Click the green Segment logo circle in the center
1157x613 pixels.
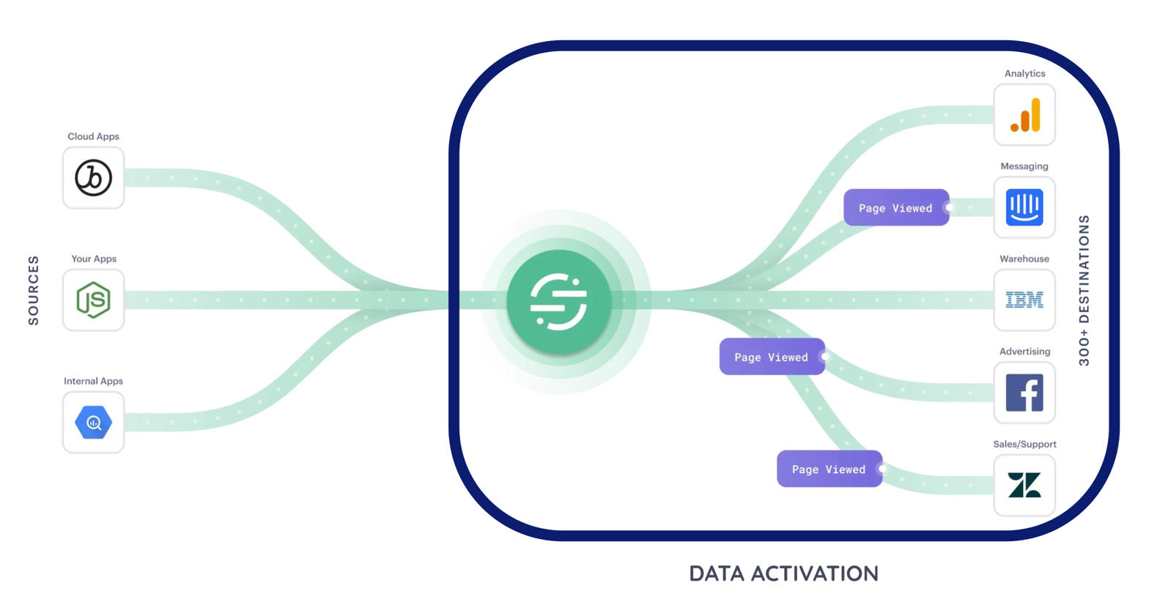[x=558, y=301]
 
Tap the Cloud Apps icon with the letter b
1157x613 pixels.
[x=94, y=178]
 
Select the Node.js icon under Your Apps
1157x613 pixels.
[x=94, y=300]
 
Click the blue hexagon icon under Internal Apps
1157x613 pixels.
[x=94, y=423]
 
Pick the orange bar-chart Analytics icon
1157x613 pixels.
[x=1024, y=115]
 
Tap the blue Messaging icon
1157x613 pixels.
[x=1024, y=207]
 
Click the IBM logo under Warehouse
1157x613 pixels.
[x=1024, y=300]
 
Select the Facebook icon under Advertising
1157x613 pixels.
[x=1024, y=393]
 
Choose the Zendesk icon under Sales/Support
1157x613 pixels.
[x=1024, y=485]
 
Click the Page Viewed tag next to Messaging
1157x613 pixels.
[x=895, y=208]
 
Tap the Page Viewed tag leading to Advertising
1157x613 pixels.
[x=771, y=357]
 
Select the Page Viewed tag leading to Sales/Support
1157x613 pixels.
[x=829, y=469]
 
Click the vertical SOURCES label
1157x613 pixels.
[x=34, y=290]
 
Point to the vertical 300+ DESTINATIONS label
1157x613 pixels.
[x=1084, y=291]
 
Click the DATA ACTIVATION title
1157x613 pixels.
[x=783, y=573]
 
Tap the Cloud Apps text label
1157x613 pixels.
[x=93, y=136]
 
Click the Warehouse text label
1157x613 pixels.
[x=1024, y=259]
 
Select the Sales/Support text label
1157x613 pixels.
[x=1024, y=444]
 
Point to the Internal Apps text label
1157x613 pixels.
[x=93, y=381]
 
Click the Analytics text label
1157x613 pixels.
[x=1024, y=73]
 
